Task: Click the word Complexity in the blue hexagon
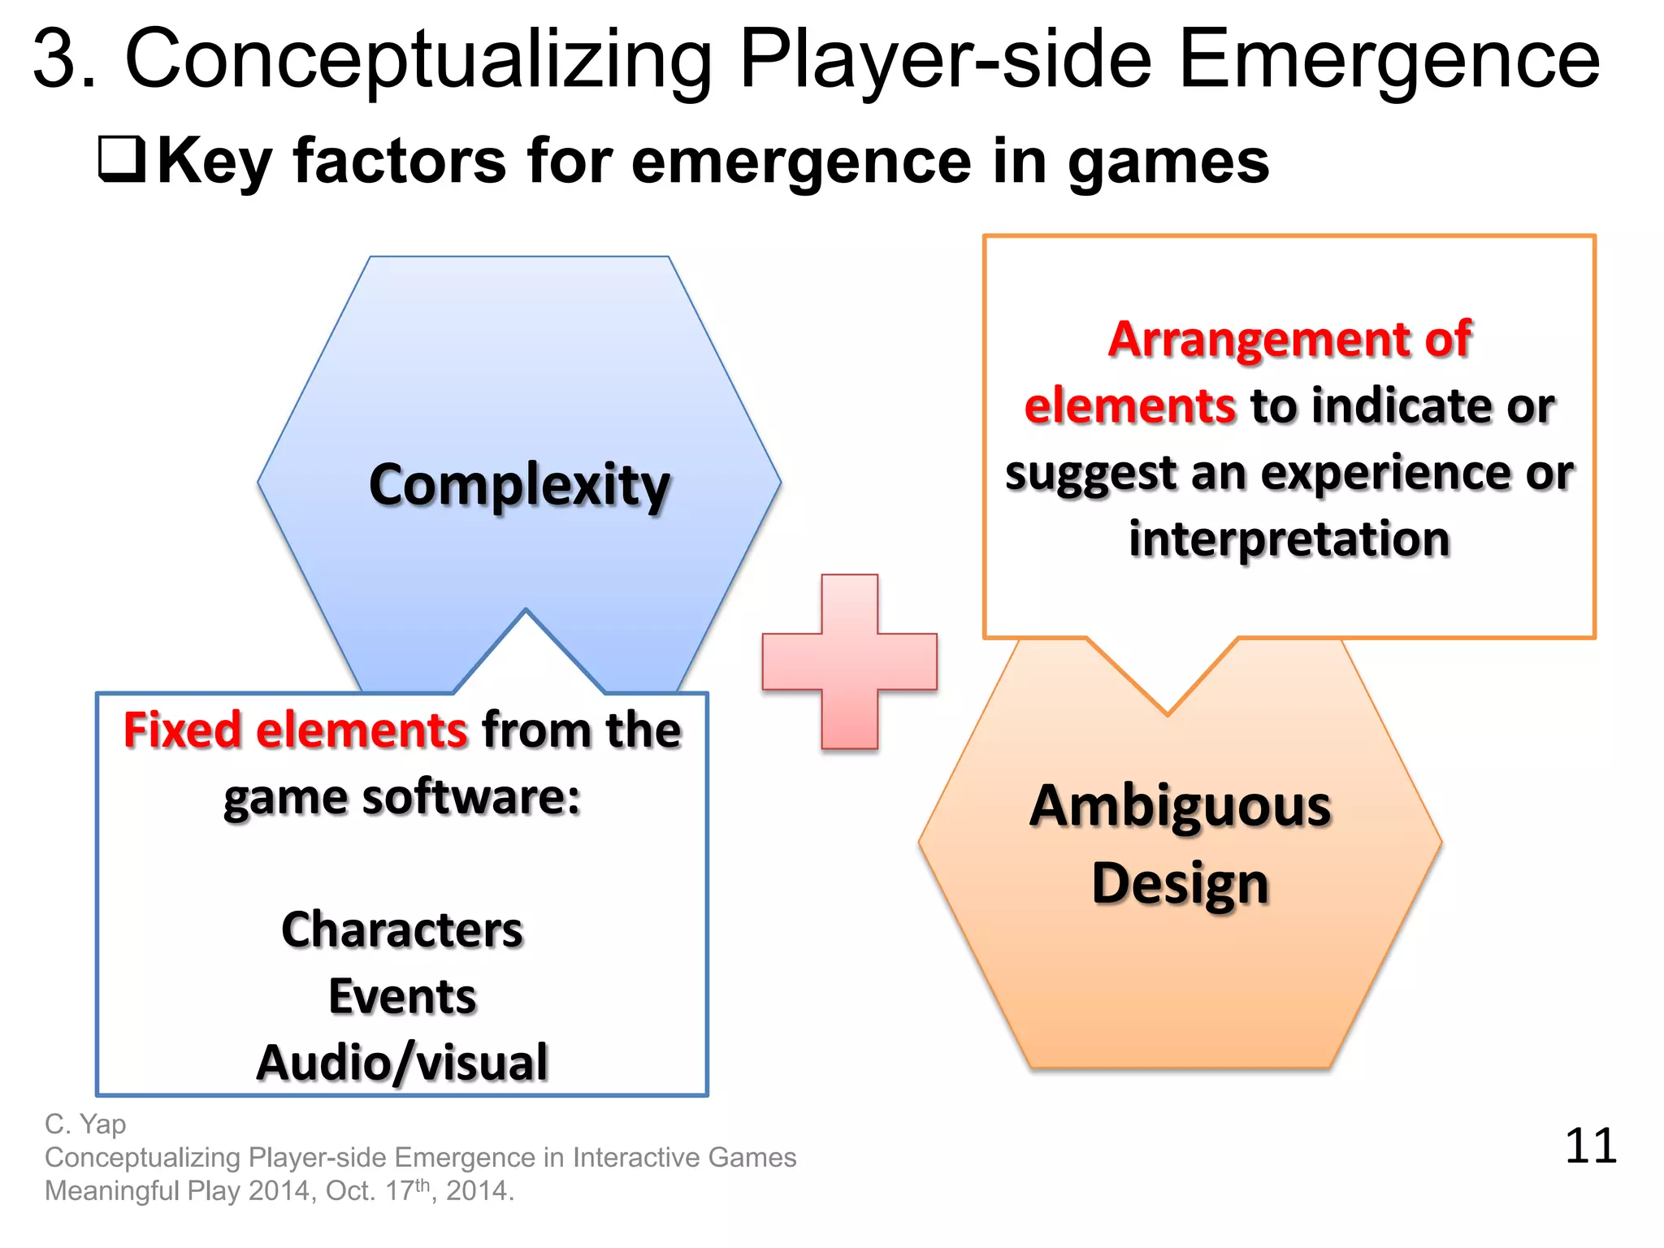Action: [x=519, y=485]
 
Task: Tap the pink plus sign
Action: [x=850, y=661]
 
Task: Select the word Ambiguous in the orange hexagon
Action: [x=1180, y=807]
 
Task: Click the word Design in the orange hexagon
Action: [x=1180, y=884]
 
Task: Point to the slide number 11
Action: [x=1590, y=1146]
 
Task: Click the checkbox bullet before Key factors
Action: [x=122, y=158]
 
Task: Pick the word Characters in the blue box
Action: [x=402, y=929]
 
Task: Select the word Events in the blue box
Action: [x=402, y=996]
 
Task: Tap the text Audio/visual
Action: [x=402, y=1063]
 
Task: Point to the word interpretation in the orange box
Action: [x=1289, y=539]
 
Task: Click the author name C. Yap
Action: [x=85, y=1124]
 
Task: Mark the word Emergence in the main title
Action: [x=1389, y=58]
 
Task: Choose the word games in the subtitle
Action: [x=1168, y=161]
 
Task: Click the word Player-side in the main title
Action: [x=946, y=58]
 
